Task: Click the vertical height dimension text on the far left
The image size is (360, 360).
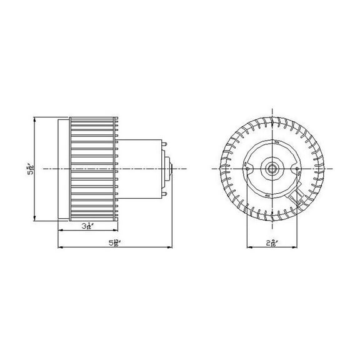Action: point(30,170)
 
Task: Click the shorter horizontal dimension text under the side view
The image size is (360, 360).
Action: point(87,226)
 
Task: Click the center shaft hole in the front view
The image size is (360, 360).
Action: point(272,169)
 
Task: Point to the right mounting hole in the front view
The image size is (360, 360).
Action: point(296,169)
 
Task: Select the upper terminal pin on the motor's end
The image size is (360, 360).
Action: point(165,146)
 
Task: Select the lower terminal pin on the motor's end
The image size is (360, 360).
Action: point(165,192)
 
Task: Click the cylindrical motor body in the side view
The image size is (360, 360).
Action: point(141,169)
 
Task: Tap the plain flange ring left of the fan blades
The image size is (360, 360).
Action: point(63,169)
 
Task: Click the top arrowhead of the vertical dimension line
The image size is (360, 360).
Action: point(35,118)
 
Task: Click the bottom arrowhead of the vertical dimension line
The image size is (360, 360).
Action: point(35,220)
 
